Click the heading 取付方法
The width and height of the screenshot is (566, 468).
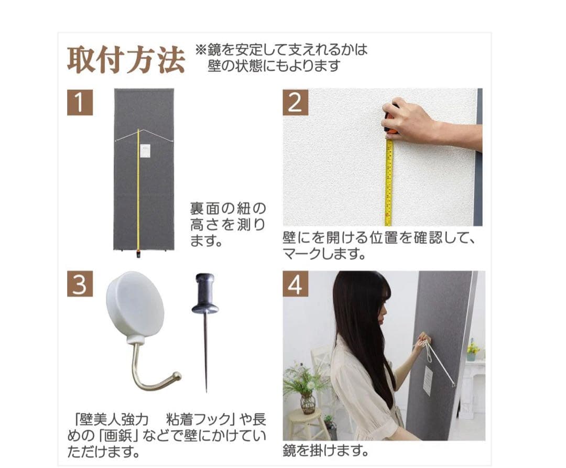tap(126, 61)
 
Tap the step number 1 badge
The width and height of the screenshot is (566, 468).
tap(80, 102)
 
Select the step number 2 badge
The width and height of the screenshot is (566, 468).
tap(295, 102)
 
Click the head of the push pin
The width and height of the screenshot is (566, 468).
tap(205, 293)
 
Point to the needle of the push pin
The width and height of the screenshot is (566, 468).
tap(205, 356)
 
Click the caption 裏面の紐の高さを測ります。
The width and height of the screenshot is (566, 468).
tap(228, 225)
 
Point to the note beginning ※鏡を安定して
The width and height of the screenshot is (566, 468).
tap(281, 58)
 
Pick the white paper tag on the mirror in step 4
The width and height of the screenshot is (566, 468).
tap(428, 380)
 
